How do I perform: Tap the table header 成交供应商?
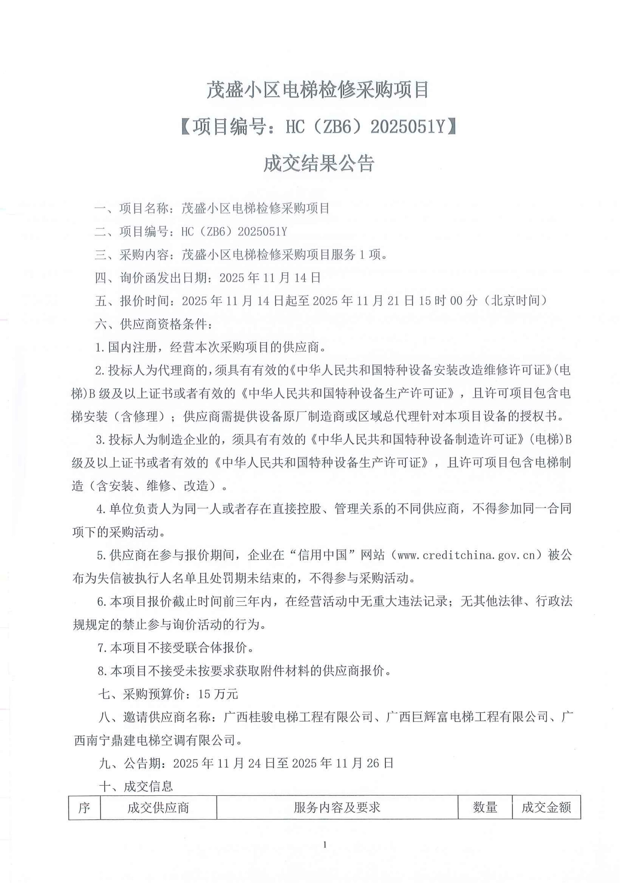pyautogui.click(x=158, y=808)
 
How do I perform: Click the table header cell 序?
pyautogui.click(x=84, y=808)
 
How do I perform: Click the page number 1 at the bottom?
pyautogui.click(x=325, y=855)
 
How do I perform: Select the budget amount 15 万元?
pyautogui.click(x=218, y=694)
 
